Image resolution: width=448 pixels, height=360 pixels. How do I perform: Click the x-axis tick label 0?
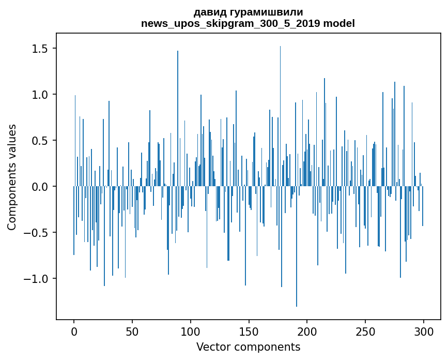point(74,331)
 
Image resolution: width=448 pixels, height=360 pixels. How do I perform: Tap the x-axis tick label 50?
point(132,331)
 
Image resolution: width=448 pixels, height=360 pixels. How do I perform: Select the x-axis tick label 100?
point(191,331)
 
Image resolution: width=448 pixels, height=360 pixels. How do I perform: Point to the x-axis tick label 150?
point(249,331)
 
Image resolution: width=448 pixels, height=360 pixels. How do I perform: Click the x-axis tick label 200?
point(307,331)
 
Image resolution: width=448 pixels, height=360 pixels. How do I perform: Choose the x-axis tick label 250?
point(365,331)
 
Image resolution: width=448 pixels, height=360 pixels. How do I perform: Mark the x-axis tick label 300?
point(424,331)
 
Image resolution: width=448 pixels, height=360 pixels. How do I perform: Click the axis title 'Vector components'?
point(248,347)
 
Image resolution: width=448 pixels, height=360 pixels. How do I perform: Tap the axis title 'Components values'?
point(12,177)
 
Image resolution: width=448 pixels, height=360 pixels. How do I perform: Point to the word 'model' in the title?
point(339,23)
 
